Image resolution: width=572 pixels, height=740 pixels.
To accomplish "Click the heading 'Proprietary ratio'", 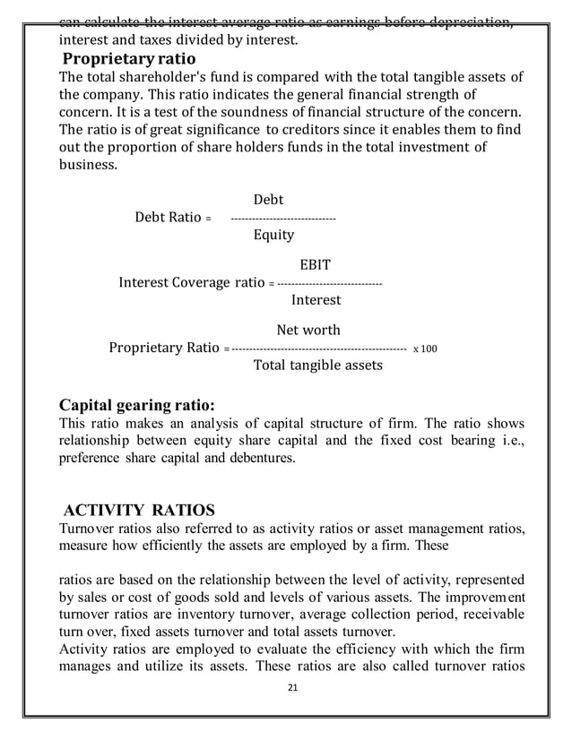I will pyautogui.click(x=128, y=60).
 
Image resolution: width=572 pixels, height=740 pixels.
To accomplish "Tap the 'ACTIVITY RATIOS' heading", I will pyautogui.click(x=135, y=511).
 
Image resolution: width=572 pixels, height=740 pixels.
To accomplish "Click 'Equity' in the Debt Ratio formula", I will pyautogui.click(x=273, y=235).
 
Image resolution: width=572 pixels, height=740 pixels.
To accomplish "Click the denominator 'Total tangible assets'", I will pyautogui.click(x=318, y=366).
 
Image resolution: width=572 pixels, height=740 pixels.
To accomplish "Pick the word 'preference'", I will pyautogui.click(x=93, y=458).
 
